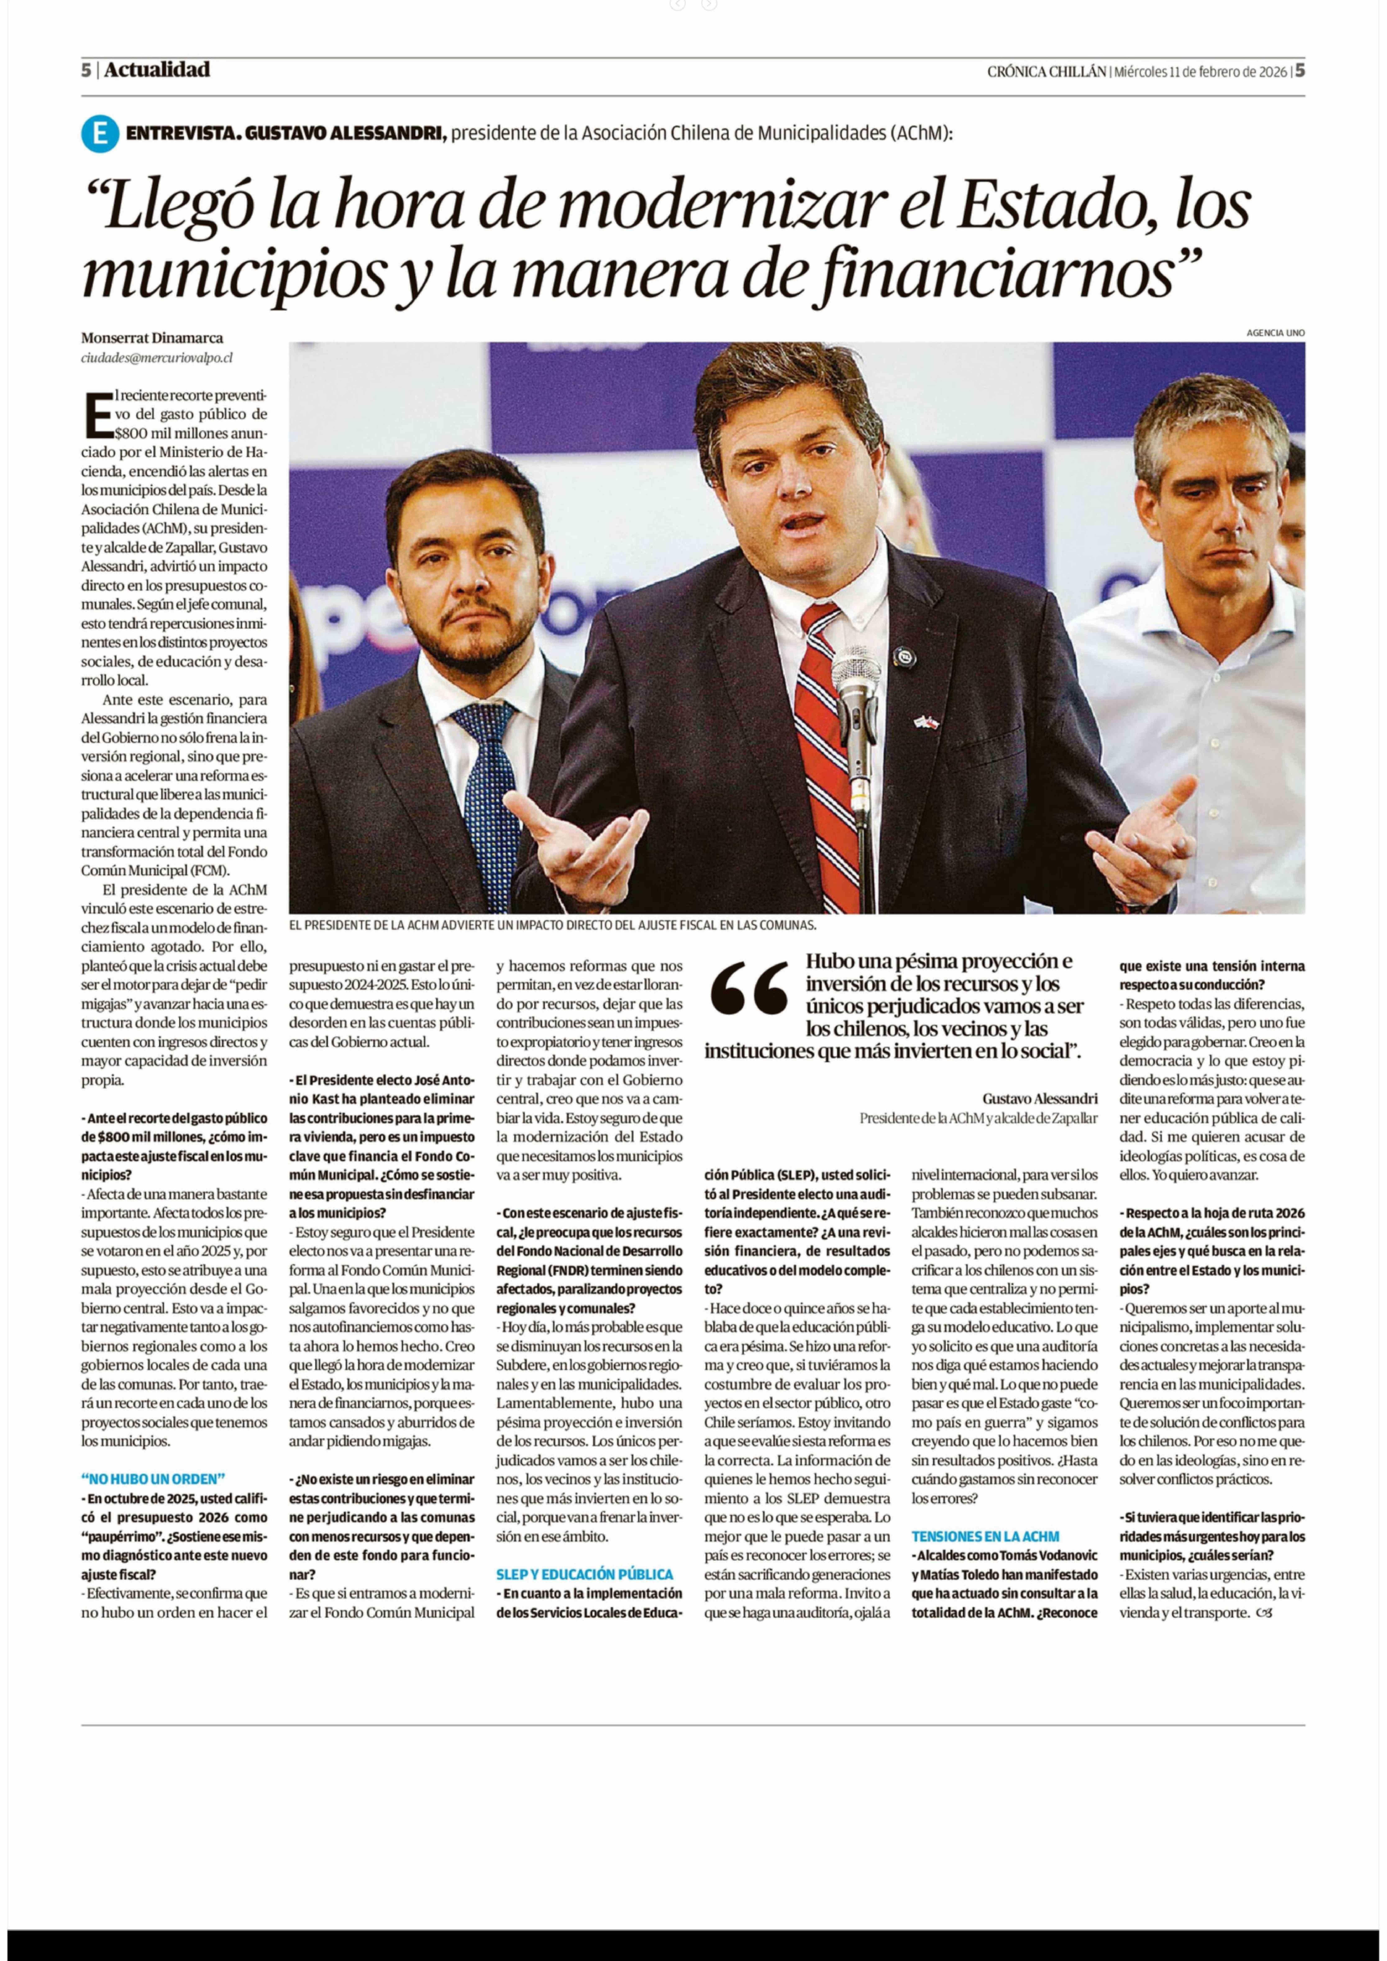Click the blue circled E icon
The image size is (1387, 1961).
point(99,134)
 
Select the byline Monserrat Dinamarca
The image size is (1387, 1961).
point(152,338)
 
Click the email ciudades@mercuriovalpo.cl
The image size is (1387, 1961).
point(156,358)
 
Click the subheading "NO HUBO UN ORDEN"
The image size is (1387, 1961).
point(154,1478)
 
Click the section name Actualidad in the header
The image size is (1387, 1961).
point(157,70)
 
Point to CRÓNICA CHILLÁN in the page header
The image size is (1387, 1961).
point(1046,72)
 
